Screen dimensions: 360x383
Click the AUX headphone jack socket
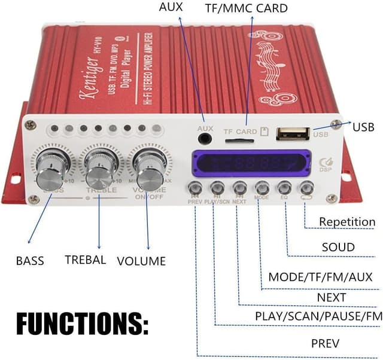pos(205,138)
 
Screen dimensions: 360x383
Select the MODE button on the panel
pos(262,187)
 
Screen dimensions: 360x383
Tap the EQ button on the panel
pos(284,187)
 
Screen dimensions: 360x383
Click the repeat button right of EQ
pos(306,187)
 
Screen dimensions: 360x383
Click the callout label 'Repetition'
pos(347,222)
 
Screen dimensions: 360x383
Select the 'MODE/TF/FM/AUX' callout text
pos(320,277)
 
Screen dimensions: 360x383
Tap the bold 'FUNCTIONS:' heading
pos(82,324)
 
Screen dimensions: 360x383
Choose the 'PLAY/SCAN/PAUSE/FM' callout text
pos(319,316)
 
